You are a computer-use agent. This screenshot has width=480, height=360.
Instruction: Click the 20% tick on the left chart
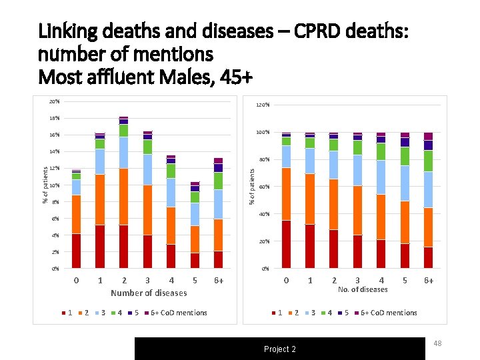point(54,101)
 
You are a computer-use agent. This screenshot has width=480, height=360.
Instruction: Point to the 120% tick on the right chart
point(263,105)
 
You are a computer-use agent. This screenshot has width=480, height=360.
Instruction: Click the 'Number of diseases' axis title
point(149,293)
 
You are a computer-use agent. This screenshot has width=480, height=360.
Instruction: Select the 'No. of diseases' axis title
point(362,289)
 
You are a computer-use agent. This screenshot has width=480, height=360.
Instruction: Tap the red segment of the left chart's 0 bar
point(76,251)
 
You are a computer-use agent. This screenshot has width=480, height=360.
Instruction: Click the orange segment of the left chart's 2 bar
point(123,197)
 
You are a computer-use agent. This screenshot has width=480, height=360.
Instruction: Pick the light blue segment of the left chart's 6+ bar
point(218,204)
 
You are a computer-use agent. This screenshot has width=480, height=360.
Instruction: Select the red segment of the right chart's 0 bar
point(286,244)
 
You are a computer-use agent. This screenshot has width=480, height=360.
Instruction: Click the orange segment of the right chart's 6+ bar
point(428,227)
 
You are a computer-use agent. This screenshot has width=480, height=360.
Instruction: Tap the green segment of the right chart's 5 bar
point(405,156)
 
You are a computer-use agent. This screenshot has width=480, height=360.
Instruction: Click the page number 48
point(439,343)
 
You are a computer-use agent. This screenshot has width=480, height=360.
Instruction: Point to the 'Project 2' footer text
point(280,349)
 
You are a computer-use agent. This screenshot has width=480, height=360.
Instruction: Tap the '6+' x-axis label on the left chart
point(219,281)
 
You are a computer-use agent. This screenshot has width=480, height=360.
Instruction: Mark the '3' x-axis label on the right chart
point(357,281)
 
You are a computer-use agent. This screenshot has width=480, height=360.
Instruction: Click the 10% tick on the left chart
point(54,185)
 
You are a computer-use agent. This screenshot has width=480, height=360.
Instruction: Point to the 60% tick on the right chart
point(264,187)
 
